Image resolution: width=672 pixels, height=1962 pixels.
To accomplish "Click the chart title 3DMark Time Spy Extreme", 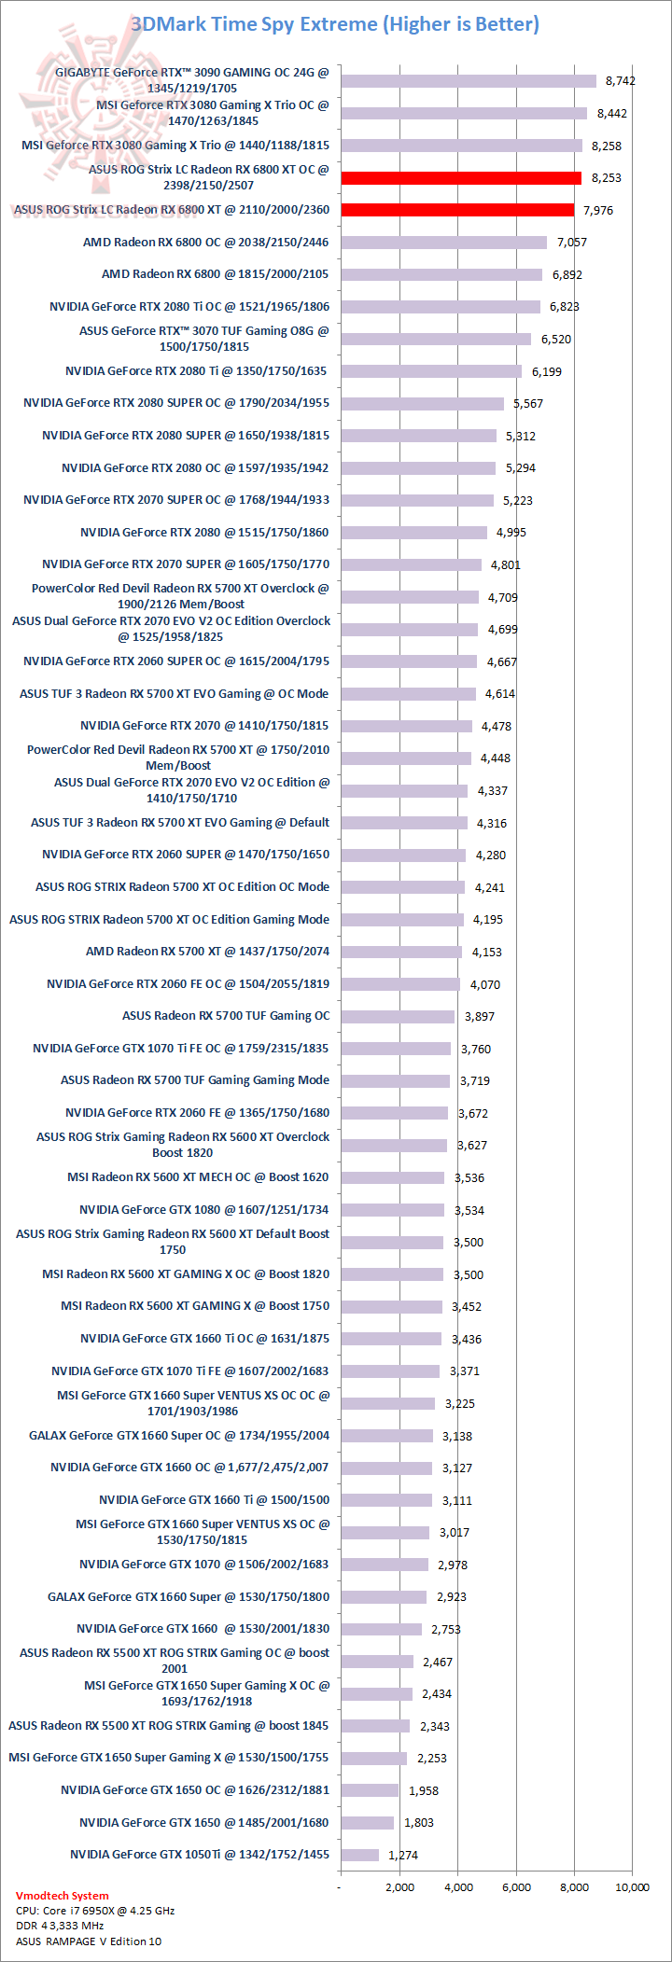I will (x=335, y=24).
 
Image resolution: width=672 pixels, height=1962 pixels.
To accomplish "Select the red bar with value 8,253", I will (x=461, y=177).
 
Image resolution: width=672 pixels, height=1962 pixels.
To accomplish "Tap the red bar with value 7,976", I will (x=457, y=210).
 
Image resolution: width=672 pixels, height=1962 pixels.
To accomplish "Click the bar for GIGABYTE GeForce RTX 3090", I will (x=468, y=81).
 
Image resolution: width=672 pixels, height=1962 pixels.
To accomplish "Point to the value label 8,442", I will (x=611, y=114).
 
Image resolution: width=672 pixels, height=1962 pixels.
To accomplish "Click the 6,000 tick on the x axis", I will (x=516, y=1887).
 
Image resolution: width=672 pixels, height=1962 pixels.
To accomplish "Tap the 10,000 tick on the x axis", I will (x=632, y=1887).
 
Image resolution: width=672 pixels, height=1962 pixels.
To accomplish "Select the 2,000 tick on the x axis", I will (x=399, y=1887).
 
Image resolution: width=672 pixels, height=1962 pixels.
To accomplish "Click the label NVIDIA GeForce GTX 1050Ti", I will (x=200, y=1855).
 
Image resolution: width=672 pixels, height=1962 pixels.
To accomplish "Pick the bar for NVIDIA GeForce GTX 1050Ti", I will (x=359, y=1855).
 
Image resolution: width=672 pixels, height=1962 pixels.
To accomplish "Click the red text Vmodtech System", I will (x=62, y=1895).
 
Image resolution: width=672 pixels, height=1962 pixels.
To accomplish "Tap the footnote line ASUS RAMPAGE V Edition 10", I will (x=88, y=1941).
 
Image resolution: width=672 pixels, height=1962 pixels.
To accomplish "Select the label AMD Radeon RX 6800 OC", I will (x=205, y=242).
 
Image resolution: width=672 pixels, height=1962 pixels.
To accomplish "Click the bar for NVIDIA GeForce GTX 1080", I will (x=392, y=1210).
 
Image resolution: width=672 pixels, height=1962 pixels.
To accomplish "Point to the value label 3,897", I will (x=479, y=1016).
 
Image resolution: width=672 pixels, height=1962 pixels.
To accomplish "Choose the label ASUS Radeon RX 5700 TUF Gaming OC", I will (x=226, y=1016).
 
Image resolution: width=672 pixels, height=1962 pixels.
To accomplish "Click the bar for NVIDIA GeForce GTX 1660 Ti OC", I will (x=391, y=1339).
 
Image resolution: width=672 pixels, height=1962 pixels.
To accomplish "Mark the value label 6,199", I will (x=546, y=371).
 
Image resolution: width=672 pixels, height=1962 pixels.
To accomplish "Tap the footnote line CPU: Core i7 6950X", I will (x=95, y=1910).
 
